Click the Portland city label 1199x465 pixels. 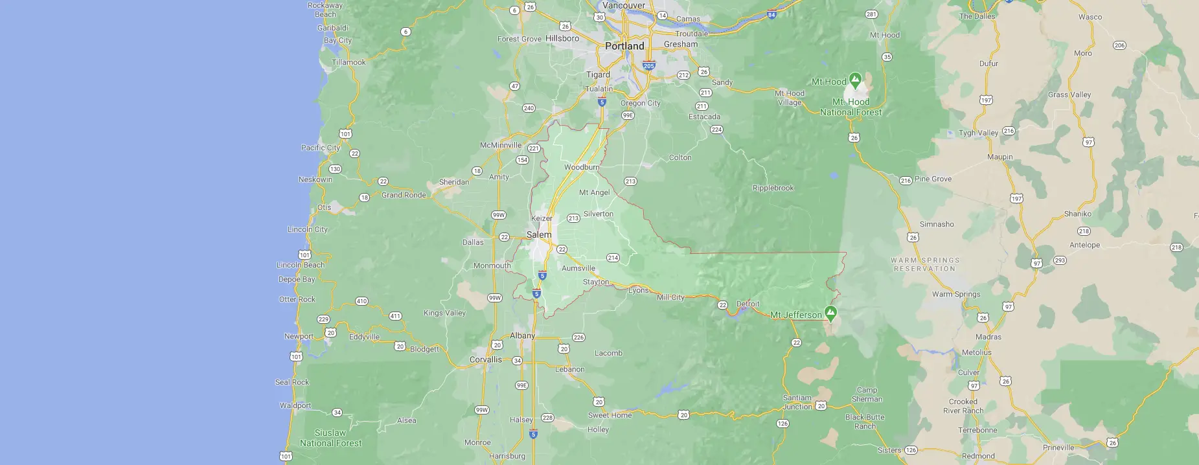(624, 46)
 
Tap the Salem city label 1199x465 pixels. (539, 234)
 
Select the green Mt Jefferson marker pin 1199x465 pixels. (830, 313)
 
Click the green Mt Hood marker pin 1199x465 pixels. (855, 80)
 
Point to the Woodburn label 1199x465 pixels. (582, 167)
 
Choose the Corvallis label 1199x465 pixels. (486, 359)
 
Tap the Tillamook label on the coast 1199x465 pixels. (348, 62)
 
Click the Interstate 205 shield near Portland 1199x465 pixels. (649, 65)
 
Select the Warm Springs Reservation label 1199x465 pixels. (925, 264)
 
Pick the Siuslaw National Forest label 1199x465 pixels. (330, 438)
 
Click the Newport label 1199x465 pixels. (299, 336)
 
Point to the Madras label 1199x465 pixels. (988, 337)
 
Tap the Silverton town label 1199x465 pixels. (599, 214)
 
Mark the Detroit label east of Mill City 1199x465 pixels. (748, 303)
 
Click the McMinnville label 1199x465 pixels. (501, 145)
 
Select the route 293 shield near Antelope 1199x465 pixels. (1060, 260)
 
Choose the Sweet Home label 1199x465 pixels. (610, 415)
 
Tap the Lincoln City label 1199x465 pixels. (308, 229)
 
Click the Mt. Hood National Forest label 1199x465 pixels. (851, 107)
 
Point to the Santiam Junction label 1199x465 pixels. (797, 402)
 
